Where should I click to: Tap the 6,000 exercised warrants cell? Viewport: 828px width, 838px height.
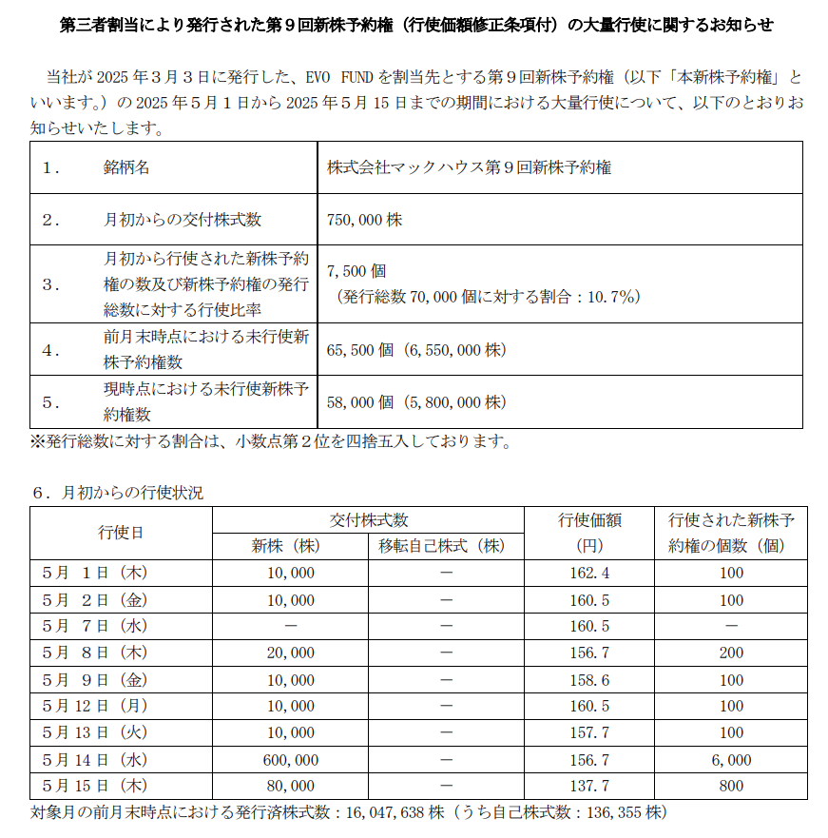coord(731,760)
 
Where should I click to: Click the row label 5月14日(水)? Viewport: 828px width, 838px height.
coord(95,760)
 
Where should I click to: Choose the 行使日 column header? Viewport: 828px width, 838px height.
coord(121,533)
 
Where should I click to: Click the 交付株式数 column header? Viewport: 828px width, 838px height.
coord(369,520)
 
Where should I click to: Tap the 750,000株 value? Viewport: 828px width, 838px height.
coord(364,220)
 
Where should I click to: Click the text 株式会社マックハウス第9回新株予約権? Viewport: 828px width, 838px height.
coord(469,167)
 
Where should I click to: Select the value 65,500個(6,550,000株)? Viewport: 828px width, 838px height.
coord(416,350)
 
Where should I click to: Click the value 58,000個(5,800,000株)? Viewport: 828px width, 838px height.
coord(416,402)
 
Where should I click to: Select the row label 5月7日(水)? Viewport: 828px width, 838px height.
coord(95,626)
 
